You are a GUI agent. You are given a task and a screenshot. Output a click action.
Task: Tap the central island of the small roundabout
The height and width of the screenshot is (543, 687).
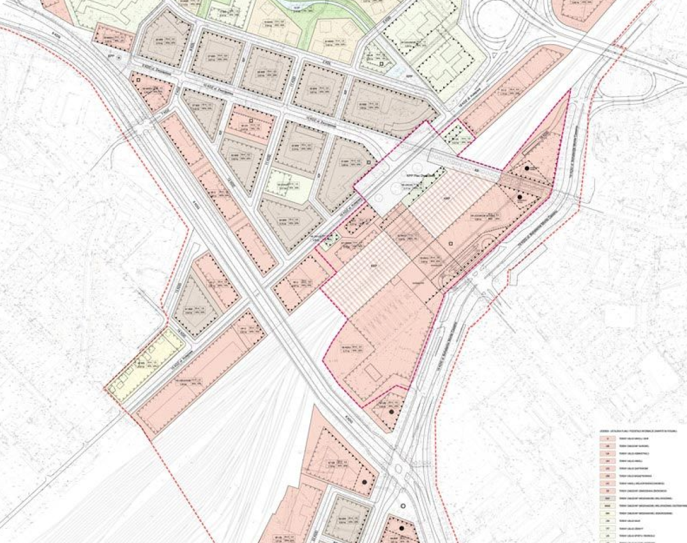tap(402, 474)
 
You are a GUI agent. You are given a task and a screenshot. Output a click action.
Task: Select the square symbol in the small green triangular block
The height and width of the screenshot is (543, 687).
tap(381, 64)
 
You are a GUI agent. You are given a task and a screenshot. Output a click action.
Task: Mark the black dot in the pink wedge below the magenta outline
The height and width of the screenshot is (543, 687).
tap(391, 412)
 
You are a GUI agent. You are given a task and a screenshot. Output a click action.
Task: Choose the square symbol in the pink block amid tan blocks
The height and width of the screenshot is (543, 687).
tap(251, 120)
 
